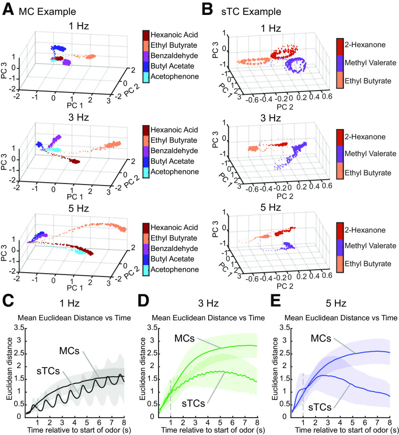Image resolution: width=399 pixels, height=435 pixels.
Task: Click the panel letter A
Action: tap(7, 8)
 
